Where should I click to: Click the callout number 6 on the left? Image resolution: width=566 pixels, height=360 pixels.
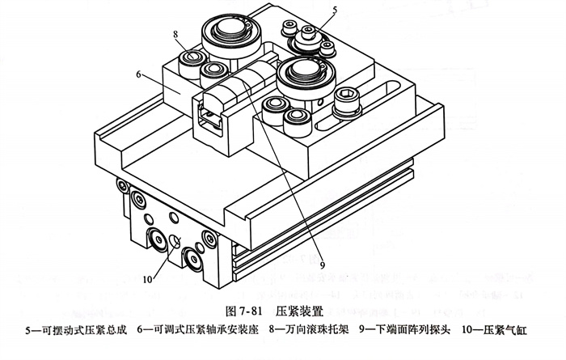[139, 73]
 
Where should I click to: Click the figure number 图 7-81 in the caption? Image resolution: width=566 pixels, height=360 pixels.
[243, 309]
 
